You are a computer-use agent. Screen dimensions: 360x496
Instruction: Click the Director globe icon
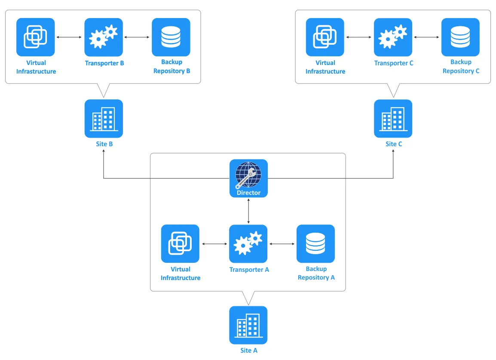pos(248,175)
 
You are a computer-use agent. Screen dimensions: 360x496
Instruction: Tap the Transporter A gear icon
pos(248,243)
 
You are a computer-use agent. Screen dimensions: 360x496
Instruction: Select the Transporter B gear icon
pos(104,37)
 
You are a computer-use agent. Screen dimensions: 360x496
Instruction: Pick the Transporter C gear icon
pos(393,37)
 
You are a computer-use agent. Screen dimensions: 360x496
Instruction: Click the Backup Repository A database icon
pos(315,243)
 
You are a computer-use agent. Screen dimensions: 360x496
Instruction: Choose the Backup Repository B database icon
pos(171,37)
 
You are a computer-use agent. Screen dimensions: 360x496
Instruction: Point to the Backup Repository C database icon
pos(460,37)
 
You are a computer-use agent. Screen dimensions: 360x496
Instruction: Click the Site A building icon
pos(248,325)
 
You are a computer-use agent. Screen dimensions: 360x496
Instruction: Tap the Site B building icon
pos(104,118)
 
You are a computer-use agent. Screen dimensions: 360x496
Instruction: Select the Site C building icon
pos(393,118)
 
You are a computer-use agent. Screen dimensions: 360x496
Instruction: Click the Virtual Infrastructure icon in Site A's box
pos(180,243)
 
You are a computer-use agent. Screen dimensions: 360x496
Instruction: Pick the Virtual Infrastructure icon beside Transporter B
pos(35,37)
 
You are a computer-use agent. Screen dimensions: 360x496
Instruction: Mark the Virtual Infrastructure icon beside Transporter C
pos(325,37)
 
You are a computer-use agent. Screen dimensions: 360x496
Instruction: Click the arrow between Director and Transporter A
pos(248,211)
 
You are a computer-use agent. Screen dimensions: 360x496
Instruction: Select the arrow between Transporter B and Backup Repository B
pos(137,37)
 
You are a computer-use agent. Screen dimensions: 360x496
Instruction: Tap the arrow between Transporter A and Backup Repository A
pos(282,244)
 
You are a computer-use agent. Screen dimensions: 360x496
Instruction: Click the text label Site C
pos(394,144)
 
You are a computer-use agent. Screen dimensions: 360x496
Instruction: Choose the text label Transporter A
pos(249,270)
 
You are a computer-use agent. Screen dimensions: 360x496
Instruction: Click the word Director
pos(248,193)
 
